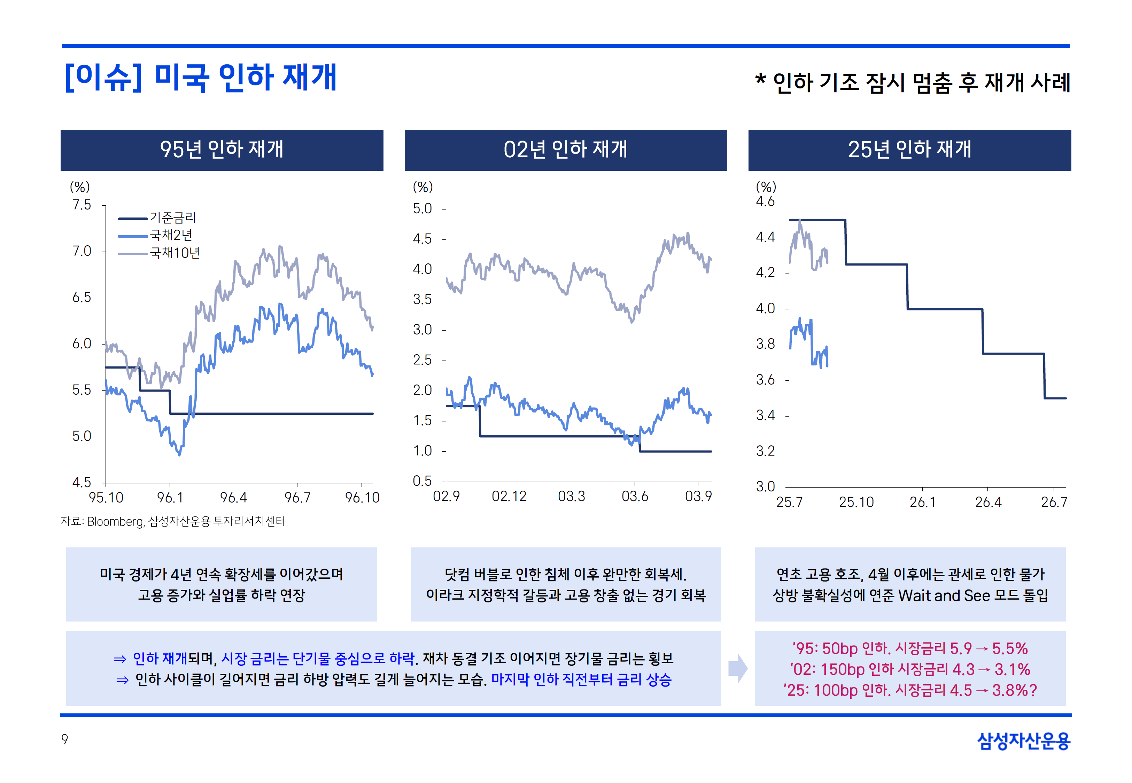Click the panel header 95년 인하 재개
(222, 150)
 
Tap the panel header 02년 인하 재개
(566, 150)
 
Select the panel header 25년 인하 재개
(910, 150)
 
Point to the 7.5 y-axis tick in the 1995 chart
(82, 205)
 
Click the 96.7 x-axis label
(297, 498)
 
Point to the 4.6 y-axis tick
(765, 201)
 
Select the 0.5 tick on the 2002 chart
(422, 481)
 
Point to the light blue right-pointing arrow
(738, 668)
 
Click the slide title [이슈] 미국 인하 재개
(201, 78)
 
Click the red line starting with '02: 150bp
(910, 669)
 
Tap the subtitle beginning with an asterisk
(912, 82)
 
